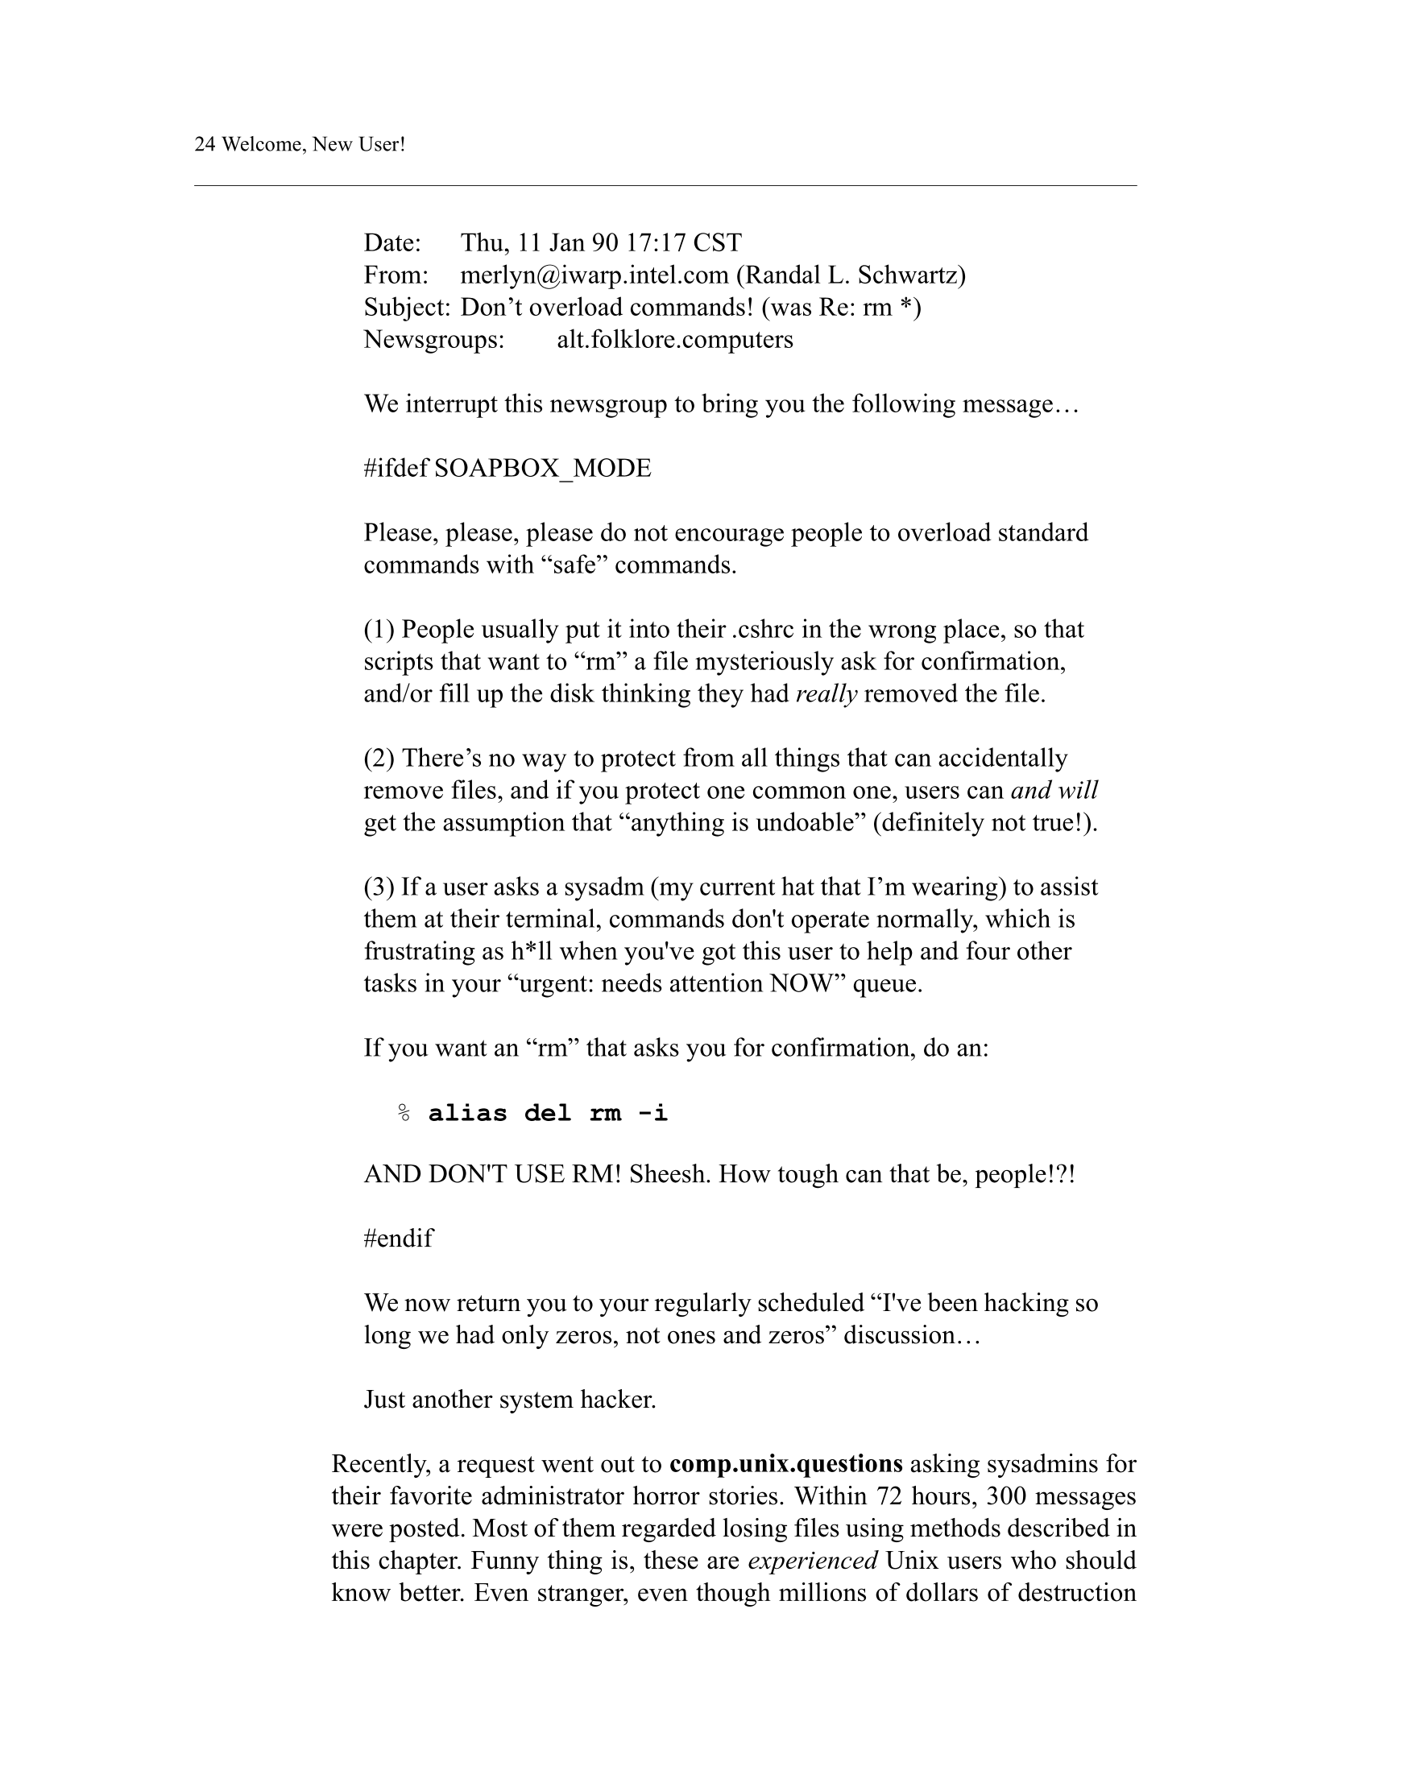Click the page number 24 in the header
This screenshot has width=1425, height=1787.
(205, 144)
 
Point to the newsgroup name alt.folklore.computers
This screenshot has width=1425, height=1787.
(674, 340)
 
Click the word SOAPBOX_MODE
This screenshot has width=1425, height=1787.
(542, 469)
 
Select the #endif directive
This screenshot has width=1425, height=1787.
(398, 1239)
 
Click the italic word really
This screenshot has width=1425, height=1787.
(826, 693)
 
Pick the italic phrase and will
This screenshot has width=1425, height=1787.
(1054, 791)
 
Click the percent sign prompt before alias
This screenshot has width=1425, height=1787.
(404, 1113)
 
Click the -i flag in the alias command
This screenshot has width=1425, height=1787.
(652, 1113)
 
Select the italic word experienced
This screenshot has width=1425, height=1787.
(813, 1561)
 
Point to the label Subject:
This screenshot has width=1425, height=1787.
(407, 308)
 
